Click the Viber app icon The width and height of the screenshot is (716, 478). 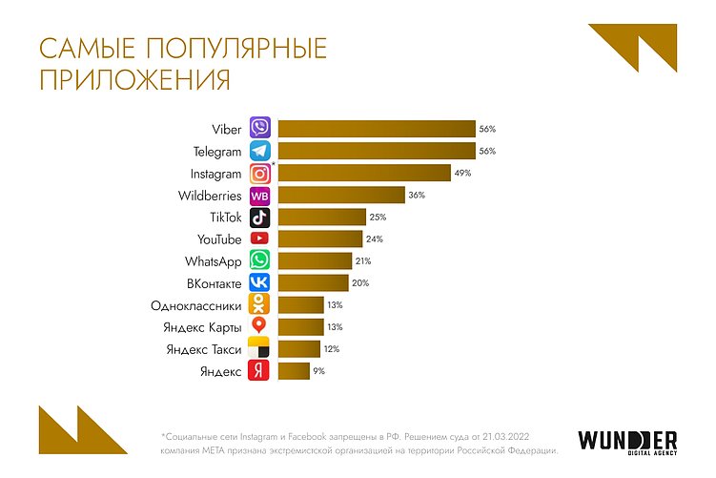(259, 127)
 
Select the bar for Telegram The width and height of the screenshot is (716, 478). (376, 151)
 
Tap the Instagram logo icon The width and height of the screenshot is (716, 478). (259, 174)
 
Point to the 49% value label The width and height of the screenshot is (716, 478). (463, 174)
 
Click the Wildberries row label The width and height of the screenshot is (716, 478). (210, 196)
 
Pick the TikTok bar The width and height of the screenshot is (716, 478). (321, 218)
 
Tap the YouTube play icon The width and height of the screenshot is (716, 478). (259, 239)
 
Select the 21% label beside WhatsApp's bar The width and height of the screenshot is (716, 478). (364, 260)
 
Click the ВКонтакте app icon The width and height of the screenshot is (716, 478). (259, 282)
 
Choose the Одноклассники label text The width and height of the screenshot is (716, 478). (195, 305)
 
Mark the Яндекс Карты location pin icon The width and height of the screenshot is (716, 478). (259, 326)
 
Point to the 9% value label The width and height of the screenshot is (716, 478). (318, 370)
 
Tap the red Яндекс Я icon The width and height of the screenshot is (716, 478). (259, 370)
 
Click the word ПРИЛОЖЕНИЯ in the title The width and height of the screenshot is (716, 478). (134, 79)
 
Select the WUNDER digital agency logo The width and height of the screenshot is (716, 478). (627, 442)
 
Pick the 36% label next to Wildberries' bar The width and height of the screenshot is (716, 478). (416, 196)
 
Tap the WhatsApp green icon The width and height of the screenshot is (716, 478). (259, 260)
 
